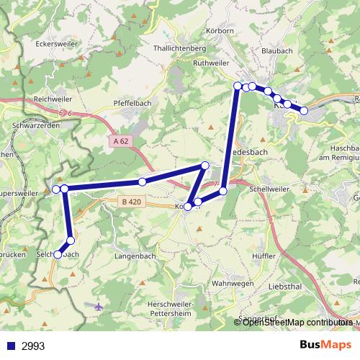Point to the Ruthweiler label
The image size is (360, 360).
tap(211, 63)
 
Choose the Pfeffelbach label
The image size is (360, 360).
tap(132, 103)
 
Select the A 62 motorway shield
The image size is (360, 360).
tap(120, 141)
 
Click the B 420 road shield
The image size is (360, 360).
tap(131, 202)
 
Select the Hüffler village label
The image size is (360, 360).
tap(266, 255)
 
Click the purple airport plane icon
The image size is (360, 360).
tap(99, 305)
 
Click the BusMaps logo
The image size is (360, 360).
tap(325, 345)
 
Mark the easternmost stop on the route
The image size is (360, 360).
tap(304, 110)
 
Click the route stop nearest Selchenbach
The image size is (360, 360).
tap(71, 240)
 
